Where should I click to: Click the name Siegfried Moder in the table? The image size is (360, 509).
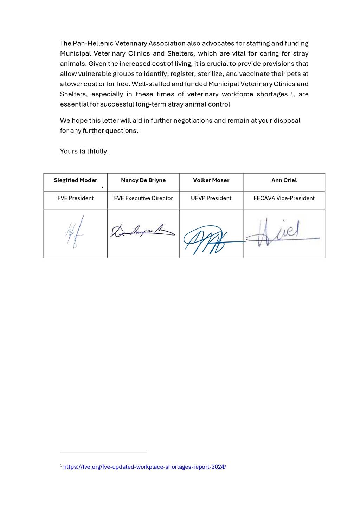[75, 180]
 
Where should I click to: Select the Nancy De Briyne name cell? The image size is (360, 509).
[143, 180]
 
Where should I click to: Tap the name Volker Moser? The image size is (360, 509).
[211, 180]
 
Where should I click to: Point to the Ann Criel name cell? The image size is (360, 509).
[284, 180]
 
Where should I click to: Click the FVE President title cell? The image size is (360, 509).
[75, 198]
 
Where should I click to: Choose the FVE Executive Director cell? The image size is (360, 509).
[143, 198]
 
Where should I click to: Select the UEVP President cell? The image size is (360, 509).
[211, 198]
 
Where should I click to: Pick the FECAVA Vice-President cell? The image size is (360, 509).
[284, 198]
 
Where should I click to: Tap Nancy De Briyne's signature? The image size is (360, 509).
[142, 231]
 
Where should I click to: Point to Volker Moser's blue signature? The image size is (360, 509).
[207, 239]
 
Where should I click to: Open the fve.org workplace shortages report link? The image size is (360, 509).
[144, 467]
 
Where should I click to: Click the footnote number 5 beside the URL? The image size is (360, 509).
[61, 466]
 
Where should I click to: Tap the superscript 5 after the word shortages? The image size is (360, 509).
[291, 92]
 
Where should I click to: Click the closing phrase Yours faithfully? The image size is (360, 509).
[84, 151]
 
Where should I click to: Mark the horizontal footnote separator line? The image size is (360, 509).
[103, 452]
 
